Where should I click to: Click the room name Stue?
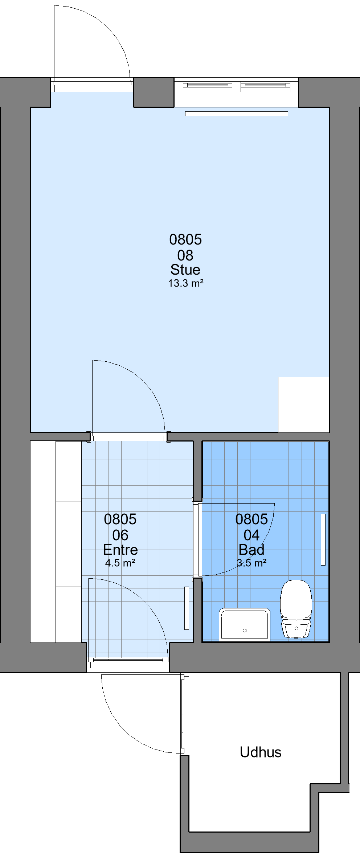click(x=185, y=270)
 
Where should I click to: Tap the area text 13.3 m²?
click(x=185, y=283)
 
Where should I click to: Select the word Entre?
click(x=120, y=550)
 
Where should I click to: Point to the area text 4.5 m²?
click(x=120, y=563)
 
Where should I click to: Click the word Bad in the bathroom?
click(x=251, y=550)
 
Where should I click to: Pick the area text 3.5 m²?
click(x=251, y=563)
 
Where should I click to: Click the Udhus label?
click(x=261, y=752)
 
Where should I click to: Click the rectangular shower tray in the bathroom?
click(x=245, y=624)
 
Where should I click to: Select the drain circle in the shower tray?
click(x=245, y=630)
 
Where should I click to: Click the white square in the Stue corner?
click(x=304, y=405)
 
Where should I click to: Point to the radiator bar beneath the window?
click(x=237, y=114)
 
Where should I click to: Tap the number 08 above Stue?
click(x=185, y=255)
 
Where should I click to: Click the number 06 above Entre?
click(x=120, y=535)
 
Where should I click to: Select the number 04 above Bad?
click(x=251, y=535)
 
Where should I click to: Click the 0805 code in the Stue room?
click(x=185, y=239)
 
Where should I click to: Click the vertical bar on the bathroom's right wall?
click(x=323, y=539)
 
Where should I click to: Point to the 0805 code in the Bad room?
click(x=251, y=519)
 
